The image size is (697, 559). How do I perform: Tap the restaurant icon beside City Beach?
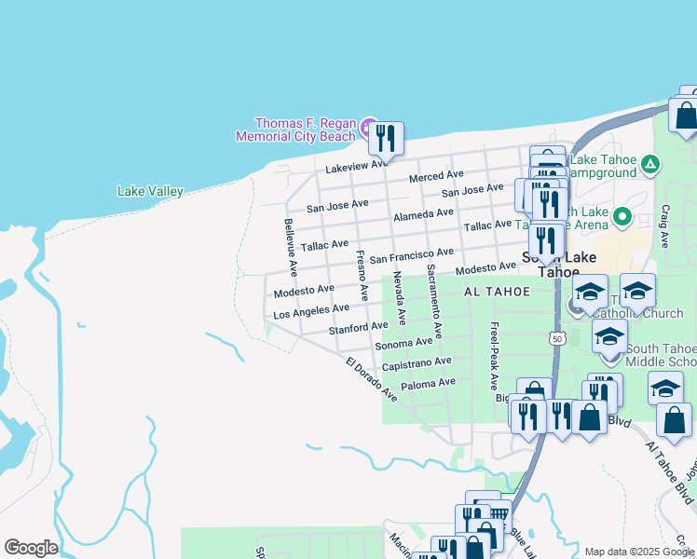[x=385, y=139]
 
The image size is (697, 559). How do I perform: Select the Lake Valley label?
[x=150, y=191]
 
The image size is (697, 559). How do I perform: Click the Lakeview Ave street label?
[x=356, y=166]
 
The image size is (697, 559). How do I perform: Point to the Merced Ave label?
[x=436, y=176]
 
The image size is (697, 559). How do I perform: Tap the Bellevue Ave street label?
[x=290, y=247]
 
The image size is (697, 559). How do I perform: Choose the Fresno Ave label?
[x=361, y=274]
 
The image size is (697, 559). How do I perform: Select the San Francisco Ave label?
[x=411, y=255]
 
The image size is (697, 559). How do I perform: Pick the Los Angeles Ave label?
[x=311, y=310]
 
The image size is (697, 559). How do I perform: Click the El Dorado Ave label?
[x=371, y=379]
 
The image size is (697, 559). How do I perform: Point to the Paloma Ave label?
[x=428, y=383]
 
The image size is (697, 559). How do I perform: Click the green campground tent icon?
[x=649, y=166]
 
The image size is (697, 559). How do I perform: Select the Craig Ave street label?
[x=665, y=226]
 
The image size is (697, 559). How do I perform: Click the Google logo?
[x=31, y=548]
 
